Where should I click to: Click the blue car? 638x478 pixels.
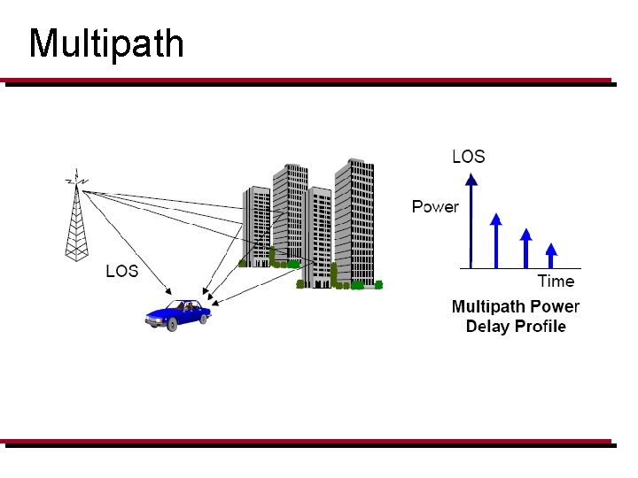click(179, 313)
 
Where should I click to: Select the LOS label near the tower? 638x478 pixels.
click(122, 271)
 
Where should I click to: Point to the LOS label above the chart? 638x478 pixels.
click(469, 157)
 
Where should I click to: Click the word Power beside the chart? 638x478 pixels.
click(435, 207)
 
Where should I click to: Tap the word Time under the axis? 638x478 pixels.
click(556, 281)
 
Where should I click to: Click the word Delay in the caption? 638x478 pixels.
click(490, 327)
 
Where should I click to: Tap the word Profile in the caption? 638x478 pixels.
click(541, 327)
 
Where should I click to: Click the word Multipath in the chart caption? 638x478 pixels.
click(488, 307)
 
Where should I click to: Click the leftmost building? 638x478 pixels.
click(257, 226)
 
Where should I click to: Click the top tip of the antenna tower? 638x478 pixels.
click(78, 173)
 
